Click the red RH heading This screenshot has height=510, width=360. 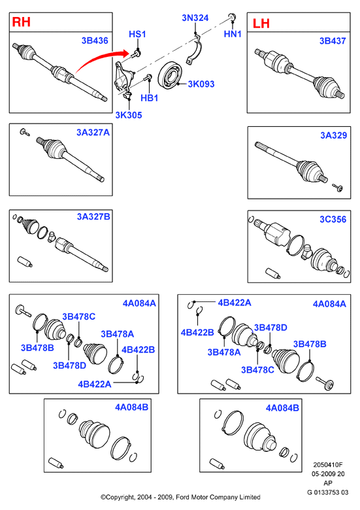pos(21,22)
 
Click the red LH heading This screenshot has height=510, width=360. pos(261,24)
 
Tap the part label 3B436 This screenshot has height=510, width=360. pos(95,41)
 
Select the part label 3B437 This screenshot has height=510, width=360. pos(333,41)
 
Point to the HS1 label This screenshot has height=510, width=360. pos(137,34)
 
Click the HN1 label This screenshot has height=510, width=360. pos(233,34)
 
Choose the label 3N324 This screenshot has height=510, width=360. pos(195,18)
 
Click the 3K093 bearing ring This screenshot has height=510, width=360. pos(170,75)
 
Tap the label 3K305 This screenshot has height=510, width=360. pos(129,115)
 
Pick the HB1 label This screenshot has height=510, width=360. pos(150,98)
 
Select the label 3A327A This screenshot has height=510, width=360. pos(93,132)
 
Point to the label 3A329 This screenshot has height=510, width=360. pos(334,135)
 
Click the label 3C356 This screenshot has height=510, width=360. pos(333,219)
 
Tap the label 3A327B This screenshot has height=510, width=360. pos(93,216)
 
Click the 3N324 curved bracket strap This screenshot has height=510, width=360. pos(195,50)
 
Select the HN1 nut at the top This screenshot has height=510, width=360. pos(232,16)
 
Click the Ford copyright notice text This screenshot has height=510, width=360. pos(180,497)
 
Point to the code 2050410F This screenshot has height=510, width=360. pos(328,465)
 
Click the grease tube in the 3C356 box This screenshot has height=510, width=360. pos(273,273)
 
